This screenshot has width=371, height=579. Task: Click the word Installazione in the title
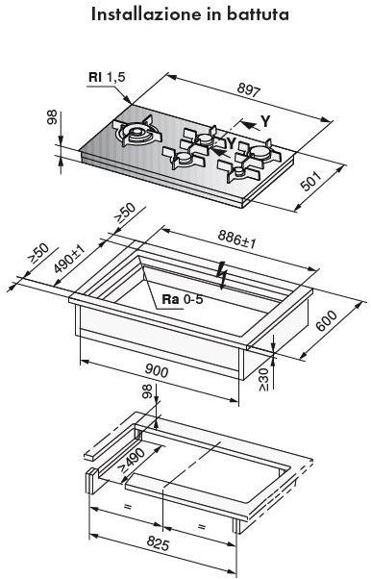tap(144, 14)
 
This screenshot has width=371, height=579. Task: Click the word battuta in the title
tap(258, 14)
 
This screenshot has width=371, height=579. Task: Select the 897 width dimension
tap(249, 89)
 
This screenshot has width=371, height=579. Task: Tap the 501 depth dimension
tap(312, 181)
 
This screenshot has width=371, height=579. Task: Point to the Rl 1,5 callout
tap(107, 77)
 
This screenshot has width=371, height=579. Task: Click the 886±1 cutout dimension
tap(236, 239)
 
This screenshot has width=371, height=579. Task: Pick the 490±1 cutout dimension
tap(69, 259)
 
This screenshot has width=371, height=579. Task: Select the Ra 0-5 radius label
tap(183, 299)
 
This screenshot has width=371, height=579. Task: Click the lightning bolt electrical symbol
tap(222, 274)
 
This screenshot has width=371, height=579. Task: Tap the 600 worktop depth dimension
tap(327, 321)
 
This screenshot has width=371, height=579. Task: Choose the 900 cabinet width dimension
tap(157, 370)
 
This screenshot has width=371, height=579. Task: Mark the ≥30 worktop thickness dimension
tap(264, 379)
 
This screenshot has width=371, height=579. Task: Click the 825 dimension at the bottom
tap(158, 543)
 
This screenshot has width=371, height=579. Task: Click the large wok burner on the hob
tap(137, 132)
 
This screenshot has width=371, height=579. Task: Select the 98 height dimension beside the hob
tap(52, 117)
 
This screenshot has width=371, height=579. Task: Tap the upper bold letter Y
tap(265, 121)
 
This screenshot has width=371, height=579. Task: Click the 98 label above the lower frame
tap(147, 391)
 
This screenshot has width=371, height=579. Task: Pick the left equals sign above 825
tap(128, 507)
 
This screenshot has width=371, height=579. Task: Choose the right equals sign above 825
tap(201, 526)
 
